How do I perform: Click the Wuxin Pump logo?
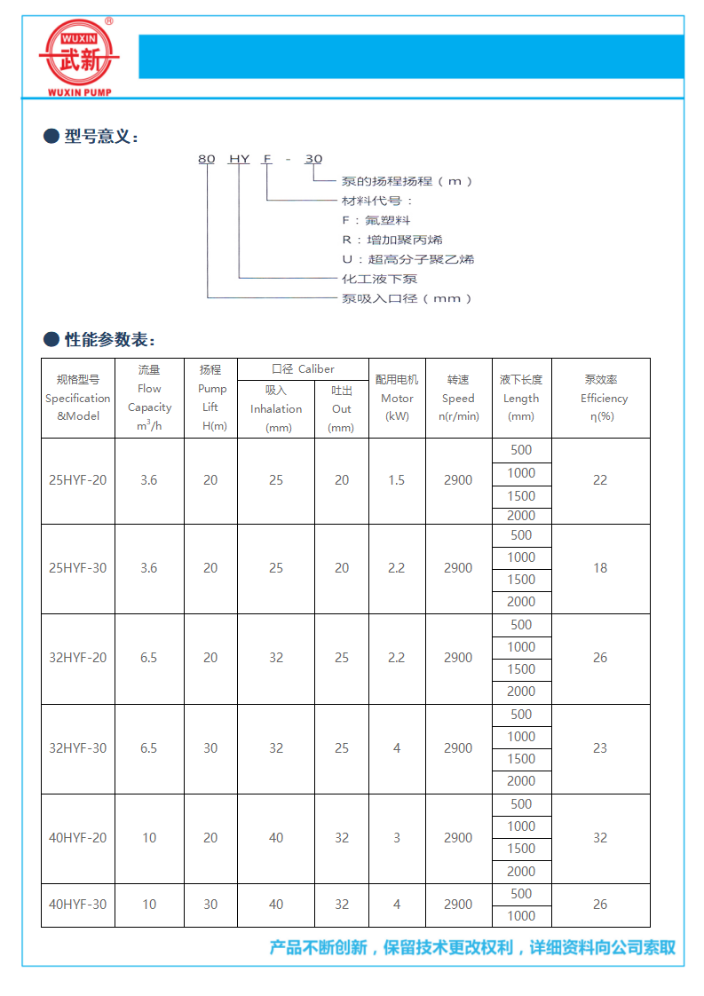pos(78,56)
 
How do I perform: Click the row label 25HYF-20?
pos(77,480)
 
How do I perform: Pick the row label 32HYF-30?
pos(77,748)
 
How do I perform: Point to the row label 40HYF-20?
pos(77,838)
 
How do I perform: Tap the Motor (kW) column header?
pos(396,398)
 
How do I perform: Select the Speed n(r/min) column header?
pos(458,398)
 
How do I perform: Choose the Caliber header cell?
pos(303,369)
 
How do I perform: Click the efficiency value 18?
pos(600,568)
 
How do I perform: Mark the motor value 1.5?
pos(396,480)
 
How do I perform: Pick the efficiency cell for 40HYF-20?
pos(600,838)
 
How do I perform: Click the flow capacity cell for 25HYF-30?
pos(149,568)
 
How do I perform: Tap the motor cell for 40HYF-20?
pos(396,838)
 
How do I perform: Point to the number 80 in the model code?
pos(206,159)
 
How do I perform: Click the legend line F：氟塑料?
pos(376,220)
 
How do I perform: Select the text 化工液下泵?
pos(380,279)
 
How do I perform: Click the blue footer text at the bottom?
pos(472,948)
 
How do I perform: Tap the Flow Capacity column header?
pos(149,398)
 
